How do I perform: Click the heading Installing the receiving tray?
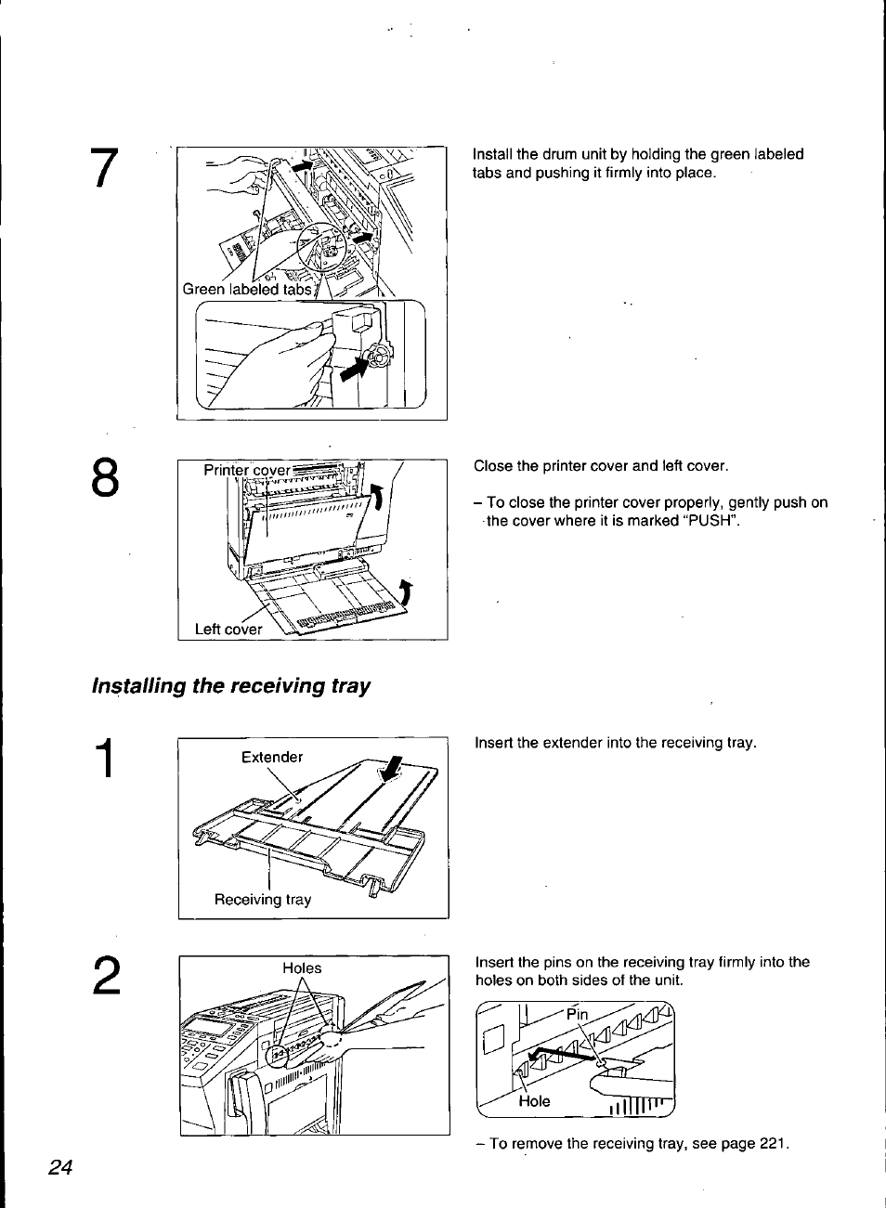(230, 686)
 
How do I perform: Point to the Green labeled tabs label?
(247, 289)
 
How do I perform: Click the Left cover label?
(228, 629)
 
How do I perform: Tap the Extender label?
(272, 757)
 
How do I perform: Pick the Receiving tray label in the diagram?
(263, 899)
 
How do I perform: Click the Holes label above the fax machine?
(302, 968)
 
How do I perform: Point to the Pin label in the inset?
(577, 1014)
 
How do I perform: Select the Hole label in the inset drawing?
(534, 1101)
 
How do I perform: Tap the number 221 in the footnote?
(773, 1143)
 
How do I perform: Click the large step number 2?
(106, 978)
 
